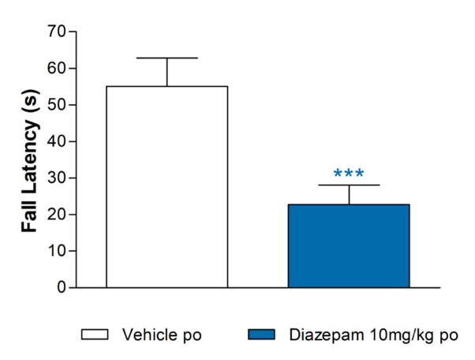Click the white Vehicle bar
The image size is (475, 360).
pos(166,186)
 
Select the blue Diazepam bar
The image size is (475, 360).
pos(348,246)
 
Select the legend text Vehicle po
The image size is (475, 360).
pos(161,335)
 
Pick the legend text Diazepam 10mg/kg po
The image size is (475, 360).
pos(371,335)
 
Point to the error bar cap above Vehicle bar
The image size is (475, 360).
pos(166,58)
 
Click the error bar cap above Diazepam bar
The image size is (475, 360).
pos(348,185)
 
